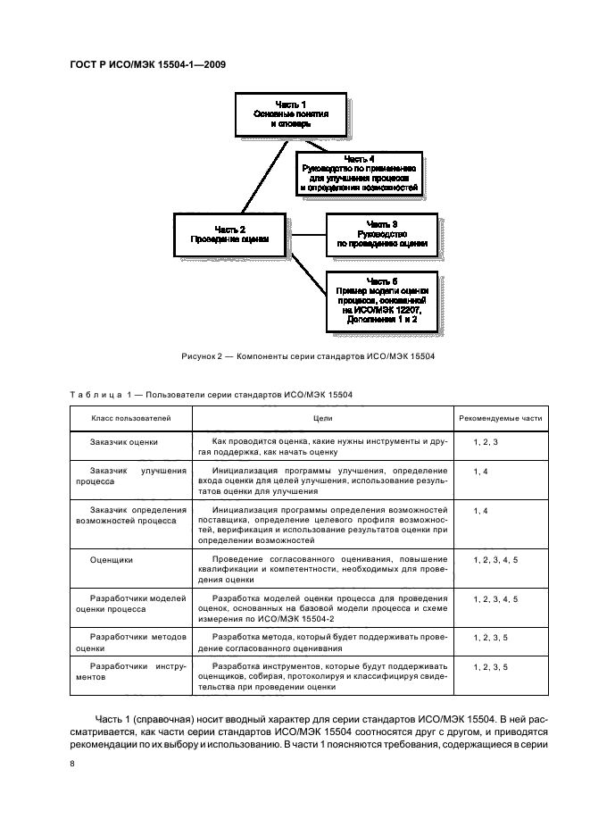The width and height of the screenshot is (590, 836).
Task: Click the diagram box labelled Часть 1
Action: click(290, 114)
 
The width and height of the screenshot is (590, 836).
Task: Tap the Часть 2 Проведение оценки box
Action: click(229, 235)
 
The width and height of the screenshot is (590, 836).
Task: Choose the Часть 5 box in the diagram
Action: click(382, 305)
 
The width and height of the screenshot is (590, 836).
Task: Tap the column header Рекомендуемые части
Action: click(500, 418)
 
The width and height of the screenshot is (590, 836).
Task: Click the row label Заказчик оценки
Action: click(124, 442)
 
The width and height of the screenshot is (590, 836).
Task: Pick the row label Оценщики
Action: click(112, 559)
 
